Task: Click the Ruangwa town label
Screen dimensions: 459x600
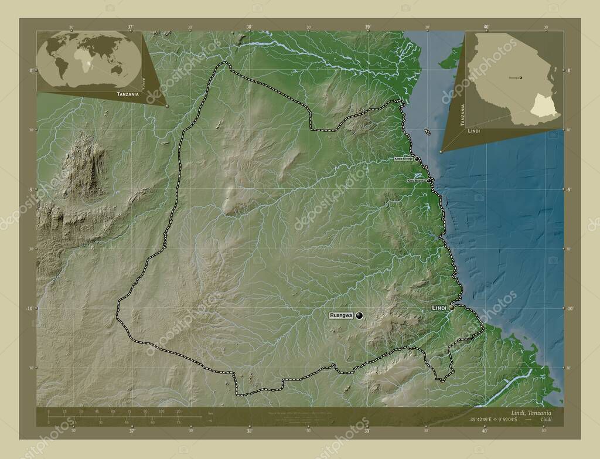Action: [342, 315]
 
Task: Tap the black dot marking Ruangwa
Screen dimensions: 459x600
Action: [359, 315]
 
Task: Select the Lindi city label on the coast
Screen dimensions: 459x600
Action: [439, 307]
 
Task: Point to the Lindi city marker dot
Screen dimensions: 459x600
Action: [452, 307]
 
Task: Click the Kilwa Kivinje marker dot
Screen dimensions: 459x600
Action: [418, 159]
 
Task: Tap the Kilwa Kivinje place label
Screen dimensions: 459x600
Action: [404, 159]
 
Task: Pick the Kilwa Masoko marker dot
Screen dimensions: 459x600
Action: [429, 181]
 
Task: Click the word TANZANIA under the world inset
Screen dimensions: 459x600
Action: [128, 94]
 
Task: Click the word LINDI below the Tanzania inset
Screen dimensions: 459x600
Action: [474, 131]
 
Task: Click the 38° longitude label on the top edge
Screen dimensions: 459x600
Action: [249, 26]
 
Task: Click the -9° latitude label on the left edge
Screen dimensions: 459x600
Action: [30, 189]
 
